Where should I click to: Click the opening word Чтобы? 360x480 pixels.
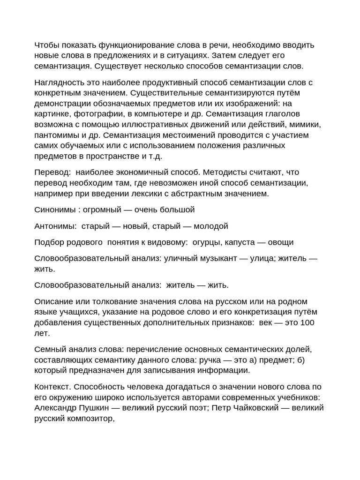click(x=46, y=45)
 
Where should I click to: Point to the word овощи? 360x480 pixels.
click(x=280, y=242)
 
